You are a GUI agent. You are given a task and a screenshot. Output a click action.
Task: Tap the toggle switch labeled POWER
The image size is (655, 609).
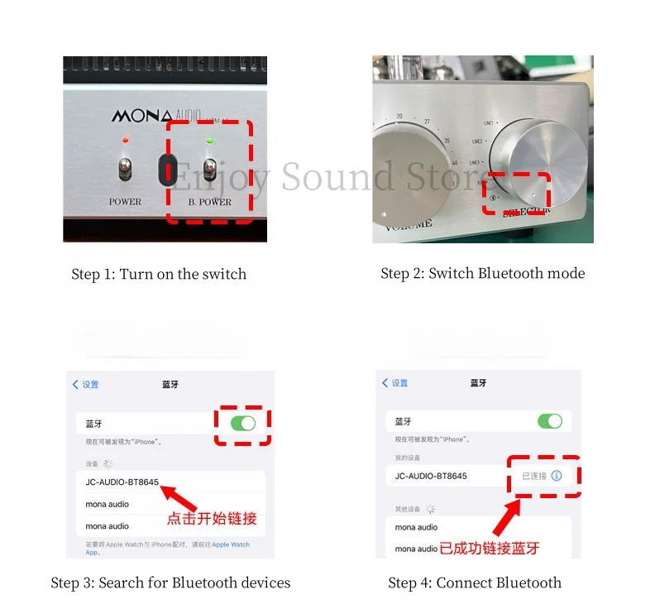tap(125, 168)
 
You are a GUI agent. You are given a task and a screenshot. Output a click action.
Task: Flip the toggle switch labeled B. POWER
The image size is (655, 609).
tap(210, 168)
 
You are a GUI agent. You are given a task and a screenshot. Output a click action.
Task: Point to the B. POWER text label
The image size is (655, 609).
tap(210, 202)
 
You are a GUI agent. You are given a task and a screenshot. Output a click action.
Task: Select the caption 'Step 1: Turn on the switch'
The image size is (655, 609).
tap(159, 274)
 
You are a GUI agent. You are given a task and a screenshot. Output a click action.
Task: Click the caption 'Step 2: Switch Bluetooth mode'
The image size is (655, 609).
tap(482, 273)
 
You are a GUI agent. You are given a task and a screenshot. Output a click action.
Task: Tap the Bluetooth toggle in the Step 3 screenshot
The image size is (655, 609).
tap(243, 423)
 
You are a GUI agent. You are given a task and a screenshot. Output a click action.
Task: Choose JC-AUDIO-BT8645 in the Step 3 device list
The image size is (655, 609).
tap(122, 482)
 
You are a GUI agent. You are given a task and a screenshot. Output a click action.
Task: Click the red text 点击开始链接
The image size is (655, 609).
tap(212, 519)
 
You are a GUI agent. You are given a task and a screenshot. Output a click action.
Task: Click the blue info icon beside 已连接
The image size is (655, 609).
tap(557, 476)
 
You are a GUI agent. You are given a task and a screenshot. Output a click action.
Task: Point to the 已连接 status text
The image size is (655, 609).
tap(533, 476)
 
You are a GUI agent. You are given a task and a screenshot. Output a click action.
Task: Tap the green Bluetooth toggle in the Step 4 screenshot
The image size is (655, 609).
tap(550, 421)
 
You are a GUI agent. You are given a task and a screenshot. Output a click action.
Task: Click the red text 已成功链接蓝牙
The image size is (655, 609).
tap(490, 548)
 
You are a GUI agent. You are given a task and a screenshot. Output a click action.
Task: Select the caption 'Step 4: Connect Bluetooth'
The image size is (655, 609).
tap(475, 583)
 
